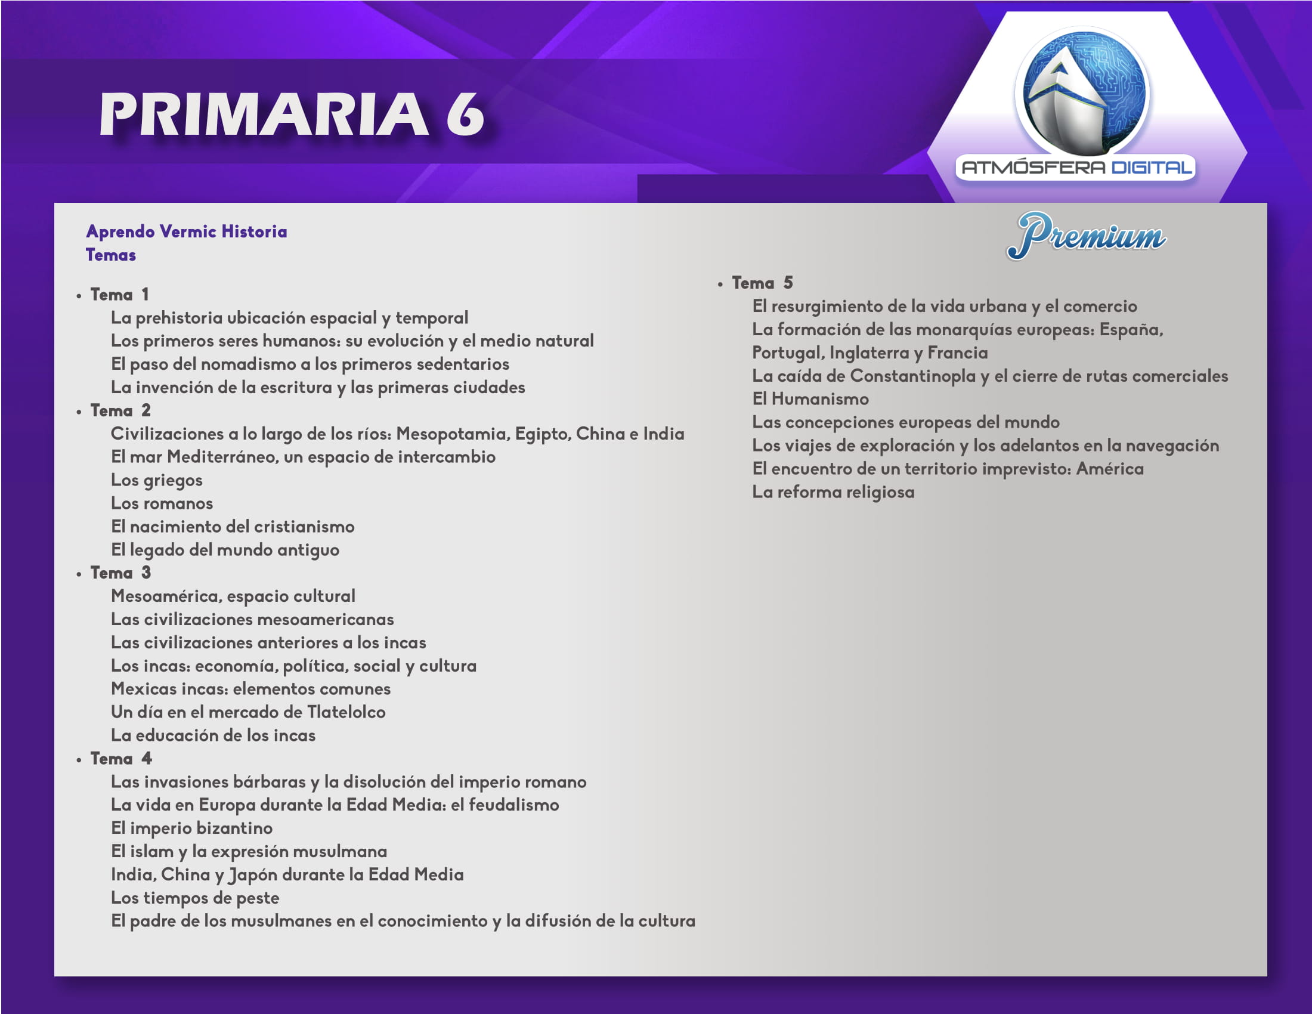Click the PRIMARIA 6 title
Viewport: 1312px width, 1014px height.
(x=292, y=114)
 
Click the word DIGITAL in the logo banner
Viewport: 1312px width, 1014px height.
(x=1151, y=167)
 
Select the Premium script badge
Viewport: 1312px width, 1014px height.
(x=1086, y=235)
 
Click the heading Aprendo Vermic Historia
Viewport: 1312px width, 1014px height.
(x=186, y=232)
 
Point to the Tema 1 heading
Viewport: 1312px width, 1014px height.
(x=119, y=294)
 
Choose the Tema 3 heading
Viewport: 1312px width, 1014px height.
(x=120, y=573)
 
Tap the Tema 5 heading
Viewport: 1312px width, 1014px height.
(x=762, y=282)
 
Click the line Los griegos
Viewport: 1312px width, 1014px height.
(x=157, y=481)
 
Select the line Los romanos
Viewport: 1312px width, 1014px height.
(x=162, y=503)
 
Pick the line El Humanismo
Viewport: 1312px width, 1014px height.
(x=810, y=399)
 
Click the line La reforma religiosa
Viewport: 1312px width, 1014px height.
(x=833, y=492)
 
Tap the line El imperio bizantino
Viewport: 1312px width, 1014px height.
(x=191, y=828)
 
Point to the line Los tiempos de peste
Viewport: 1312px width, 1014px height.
(x=195, y=898)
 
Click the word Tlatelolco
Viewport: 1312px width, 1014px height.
(x=346, y=712)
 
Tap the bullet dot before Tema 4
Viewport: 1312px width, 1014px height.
(x=79, y=760)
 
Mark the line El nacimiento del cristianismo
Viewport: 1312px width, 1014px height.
(x=233, y=527)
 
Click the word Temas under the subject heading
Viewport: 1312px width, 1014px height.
(x=110, y=255)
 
